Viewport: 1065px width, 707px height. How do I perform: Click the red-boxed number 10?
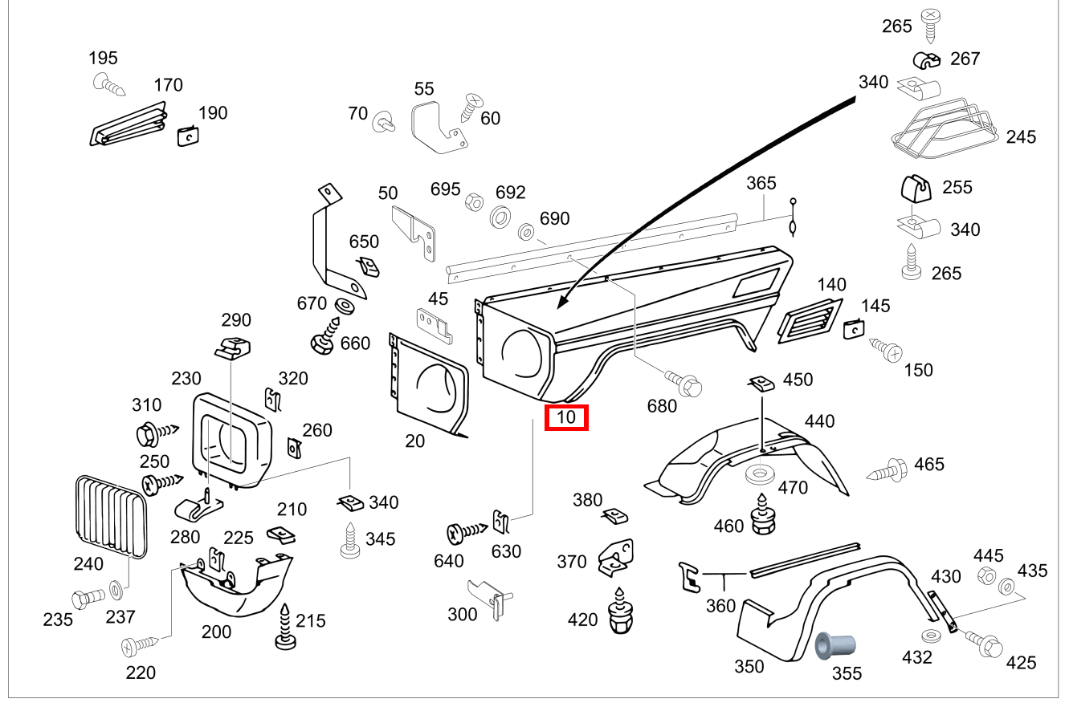(x=565, y=417)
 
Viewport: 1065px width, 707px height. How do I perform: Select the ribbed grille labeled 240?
(x=112, y=517)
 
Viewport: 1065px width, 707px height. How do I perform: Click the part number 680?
(x=662, y=406)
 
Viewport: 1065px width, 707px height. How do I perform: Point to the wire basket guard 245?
(x=945, y=128)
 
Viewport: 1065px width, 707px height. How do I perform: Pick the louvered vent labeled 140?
(x=810, y=321)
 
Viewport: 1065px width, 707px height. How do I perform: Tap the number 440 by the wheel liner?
(x=819, y=421)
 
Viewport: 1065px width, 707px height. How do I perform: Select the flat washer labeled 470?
(x=760, y=474)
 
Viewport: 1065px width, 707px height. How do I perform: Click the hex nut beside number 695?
(x=474, y=203)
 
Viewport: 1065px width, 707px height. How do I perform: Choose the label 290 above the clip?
(x=236, y=319)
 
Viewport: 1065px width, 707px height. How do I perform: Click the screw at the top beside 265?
(x=930, y=25)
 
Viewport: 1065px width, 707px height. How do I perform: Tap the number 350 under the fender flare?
(x=749, y=667)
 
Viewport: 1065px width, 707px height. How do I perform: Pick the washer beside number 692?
(x=500, y=217)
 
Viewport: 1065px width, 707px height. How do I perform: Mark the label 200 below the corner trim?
(x=216, y=632)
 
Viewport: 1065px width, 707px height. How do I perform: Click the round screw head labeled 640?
(x=455, y=534)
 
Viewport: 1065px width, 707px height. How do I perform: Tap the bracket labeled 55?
(x=438, y=129)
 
